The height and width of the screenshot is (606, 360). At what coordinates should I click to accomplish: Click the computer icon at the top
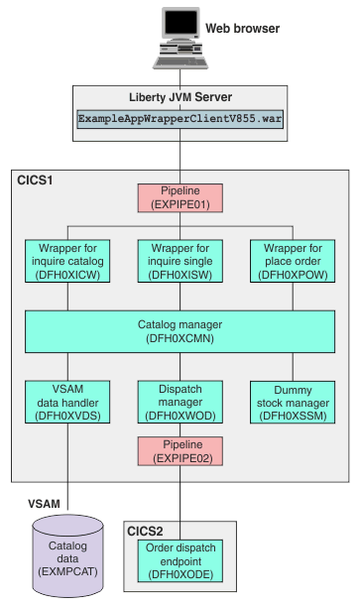[x=179, y=38]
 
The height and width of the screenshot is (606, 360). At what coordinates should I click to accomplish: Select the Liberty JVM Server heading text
[x=180, y=96]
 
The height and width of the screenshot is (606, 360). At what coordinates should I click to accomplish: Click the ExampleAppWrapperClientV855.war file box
[x=180, y=117]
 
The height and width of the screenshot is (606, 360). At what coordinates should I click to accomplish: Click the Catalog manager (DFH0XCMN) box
[x=180, y=330]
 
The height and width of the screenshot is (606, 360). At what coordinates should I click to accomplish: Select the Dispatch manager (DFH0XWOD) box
[x=180, y=400]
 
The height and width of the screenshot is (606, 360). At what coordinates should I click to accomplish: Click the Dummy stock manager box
[x=291, y=400]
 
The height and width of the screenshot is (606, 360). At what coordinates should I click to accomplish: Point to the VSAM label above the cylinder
[x=43, y=504]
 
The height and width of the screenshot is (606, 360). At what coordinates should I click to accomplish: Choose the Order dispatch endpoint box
[x=180, y=561]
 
